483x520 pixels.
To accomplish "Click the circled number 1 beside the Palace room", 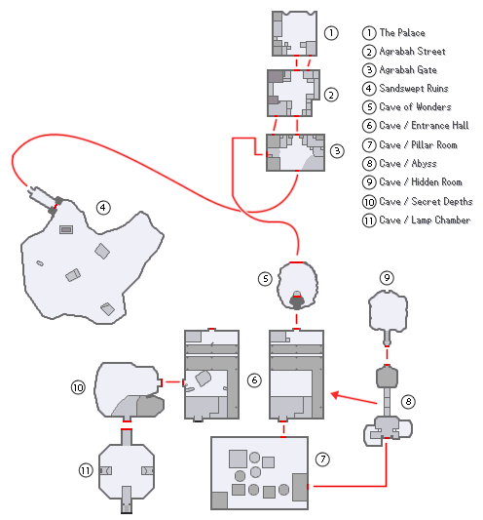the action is point(331,33).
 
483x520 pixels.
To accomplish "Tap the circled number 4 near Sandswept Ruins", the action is point(103,208).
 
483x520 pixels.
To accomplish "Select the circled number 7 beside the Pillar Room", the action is point(322,460).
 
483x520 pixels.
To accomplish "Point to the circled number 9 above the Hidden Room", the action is point(387,278).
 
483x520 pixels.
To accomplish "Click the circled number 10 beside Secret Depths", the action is point(78,387).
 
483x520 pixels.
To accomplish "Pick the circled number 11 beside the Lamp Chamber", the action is point(86,470).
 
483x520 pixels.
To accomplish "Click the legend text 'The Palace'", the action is point(402,33).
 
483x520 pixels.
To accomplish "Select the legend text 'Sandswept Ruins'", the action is point(414,89).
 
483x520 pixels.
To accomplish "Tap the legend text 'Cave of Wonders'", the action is point(415,107).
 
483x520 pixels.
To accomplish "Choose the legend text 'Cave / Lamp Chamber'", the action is point(425,220).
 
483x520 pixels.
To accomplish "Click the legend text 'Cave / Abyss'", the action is point(408,164).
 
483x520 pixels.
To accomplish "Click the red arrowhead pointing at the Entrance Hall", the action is point(335,395).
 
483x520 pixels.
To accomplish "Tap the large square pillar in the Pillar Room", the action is point(238,459).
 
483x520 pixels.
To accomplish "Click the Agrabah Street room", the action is point(294,94).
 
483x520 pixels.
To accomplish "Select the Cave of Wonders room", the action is point(297,285).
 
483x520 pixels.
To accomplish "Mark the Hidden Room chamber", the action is point(388,311).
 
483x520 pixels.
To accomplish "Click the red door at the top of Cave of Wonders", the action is point(297,262).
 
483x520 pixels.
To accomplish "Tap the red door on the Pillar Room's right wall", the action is point(308,487).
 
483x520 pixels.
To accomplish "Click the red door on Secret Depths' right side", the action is point(161,382).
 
